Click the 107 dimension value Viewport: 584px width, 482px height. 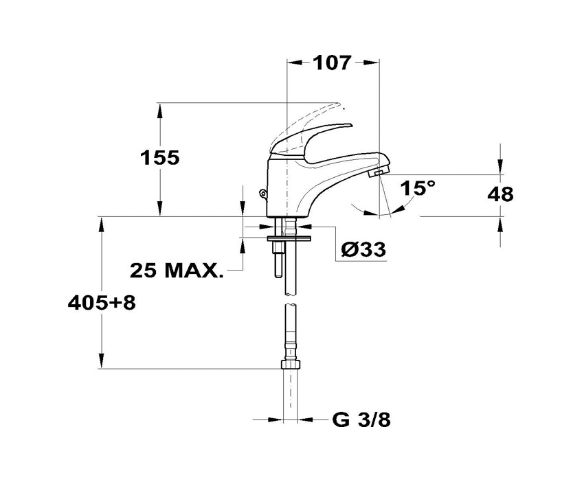click(332, 62)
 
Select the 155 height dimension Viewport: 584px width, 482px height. click(160, 157)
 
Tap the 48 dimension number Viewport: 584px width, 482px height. click(501, 194)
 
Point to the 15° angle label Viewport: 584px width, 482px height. click(418, 188)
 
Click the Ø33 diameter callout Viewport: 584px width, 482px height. click(363, 249)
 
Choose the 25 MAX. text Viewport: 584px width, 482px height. click(176, 271)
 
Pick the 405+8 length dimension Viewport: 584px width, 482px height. click(102, 303)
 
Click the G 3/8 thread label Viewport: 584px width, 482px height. click(361, 420)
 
